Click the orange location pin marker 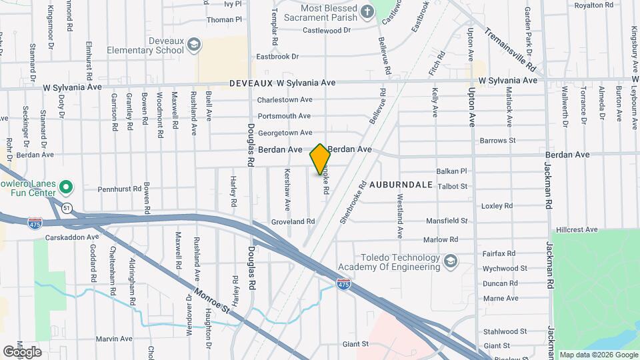[x=320, y=159]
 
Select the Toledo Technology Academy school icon [x=450, y=260]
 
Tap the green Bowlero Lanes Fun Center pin [x=65, y=186]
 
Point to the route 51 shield [x=66, y=208]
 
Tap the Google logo [x=22, y=351]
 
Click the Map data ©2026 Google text [x=598, y=355]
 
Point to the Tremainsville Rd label [x=511, y=49]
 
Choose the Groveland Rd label [x=293, y=221]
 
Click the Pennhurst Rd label [x=120, y=189]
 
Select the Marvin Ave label [x=114, y=339]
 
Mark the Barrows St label [x=498, y=141]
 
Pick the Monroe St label [x=212, y=301]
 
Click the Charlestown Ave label [x=285, y=100]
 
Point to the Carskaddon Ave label [x=72, y=237]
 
